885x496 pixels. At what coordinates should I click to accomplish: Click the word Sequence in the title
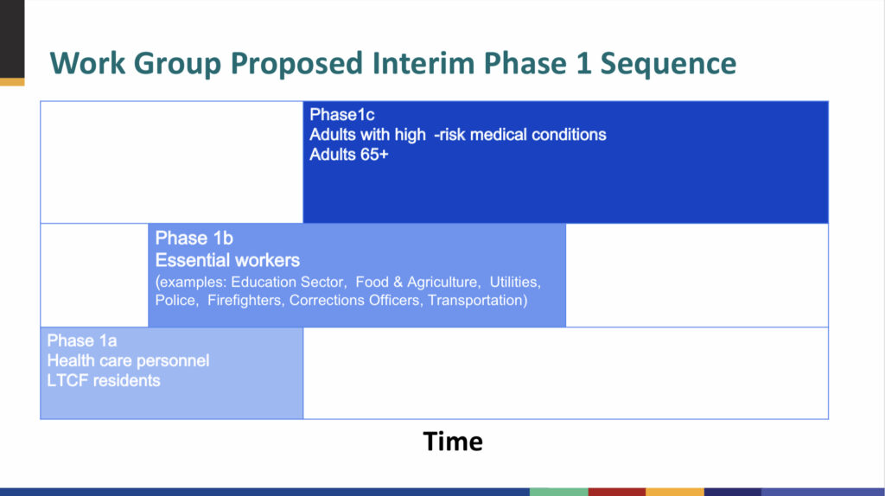[668, 63]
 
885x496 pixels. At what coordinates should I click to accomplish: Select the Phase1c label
[342, 115]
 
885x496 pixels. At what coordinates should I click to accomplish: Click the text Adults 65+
[349, 155]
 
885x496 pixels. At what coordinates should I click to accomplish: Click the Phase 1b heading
[194, 238]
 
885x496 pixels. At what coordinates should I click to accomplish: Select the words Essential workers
[227, 260]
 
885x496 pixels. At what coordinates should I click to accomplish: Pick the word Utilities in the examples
[515, 283]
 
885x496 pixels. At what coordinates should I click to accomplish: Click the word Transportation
[477, 300]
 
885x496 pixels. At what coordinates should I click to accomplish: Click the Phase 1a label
[82, 340]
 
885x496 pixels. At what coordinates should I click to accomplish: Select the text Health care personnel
[128, 360]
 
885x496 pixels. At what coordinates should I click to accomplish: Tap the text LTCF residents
[104, 380]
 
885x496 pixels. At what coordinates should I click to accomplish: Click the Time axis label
[453, 442]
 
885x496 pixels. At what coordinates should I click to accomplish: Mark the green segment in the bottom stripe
[559, 492]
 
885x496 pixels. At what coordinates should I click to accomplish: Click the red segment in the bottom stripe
[617, 492]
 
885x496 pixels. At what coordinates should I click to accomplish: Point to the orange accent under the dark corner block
[12, 82]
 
